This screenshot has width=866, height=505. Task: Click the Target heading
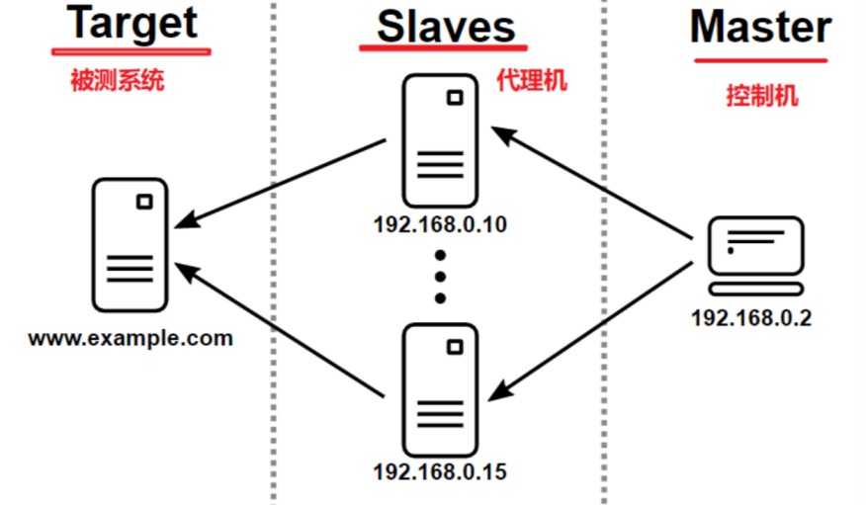click(x=131, y=24)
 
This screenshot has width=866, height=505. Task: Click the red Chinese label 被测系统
click(x=117, y=80)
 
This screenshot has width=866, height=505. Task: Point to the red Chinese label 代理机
click(x=532, y=80)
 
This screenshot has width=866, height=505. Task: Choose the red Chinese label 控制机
click(x=761, y=96)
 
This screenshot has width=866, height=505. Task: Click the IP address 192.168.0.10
click(x=440, y=224)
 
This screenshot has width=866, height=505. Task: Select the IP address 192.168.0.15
click(x=440, y=471)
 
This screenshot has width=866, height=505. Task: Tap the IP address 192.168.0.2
click(x=750, y=318)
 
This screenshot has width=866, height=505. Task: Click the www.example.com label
click(x=130, y=338)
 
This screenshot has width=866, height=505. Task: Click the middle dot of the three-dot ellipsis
click(x=440, y=276)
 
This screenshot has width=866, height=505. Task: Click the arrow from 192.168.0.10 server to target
click(x=280, y=183)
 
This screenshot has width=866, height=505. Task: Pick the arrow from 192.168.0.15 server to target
click(x=280, y=328)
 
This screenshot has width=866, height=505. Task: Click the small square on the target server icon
click(x=144, y=201)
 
